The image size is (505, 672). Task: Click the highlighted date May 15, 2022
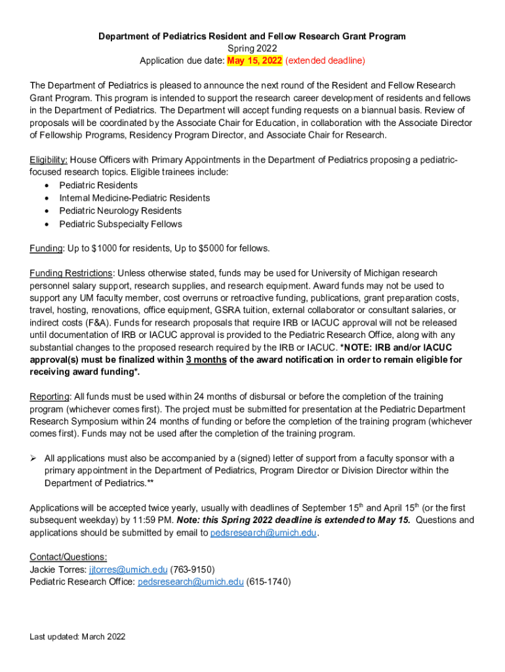coord(254,60)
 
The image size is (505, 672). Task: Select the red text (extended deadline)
coord(325,60)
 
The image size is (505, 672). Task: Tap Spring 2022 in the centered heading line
coord(252,49)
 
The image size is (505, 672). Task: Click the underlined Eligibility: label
coord(49,159)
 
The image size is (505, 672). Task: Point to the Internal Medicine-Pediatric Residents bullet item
coord(134,198)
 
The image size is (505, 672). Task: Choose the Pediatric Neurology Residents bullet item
coord(120,211)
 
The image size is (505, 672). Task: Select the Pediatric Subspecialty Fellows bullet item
coord(121,224)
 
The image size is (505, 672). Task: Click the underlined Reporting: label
coord(50,397)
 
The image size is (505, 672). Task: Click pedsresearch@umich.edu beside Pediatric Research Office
coord(190,582)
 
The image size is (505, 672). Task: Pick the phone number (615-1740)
coord(268,582)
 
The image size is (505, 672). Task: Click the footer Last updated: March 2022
coord(77,637)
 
